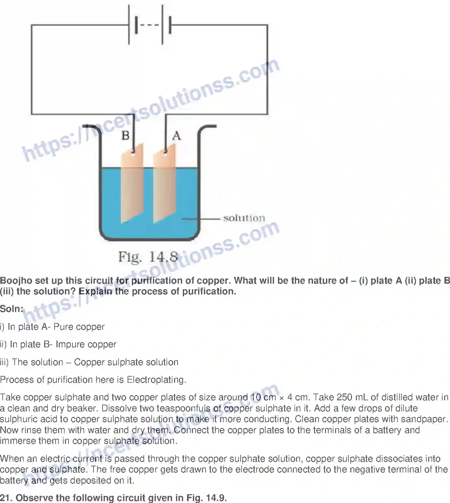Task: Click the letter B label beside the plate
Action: tap(125, 135)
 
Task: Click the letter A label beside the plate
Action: tap(176, 135)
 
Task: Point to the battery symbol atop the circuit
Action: tap(149, 25)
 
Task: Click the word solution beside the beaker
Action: tap(244, 218)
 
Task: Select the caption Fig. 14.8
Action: tap(148, 257)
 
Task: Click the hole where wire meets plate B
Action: tap(133, 151)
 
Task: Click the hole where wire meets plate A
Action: tap(166, 151)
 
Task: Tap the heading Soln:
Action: tap(12, 309)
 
